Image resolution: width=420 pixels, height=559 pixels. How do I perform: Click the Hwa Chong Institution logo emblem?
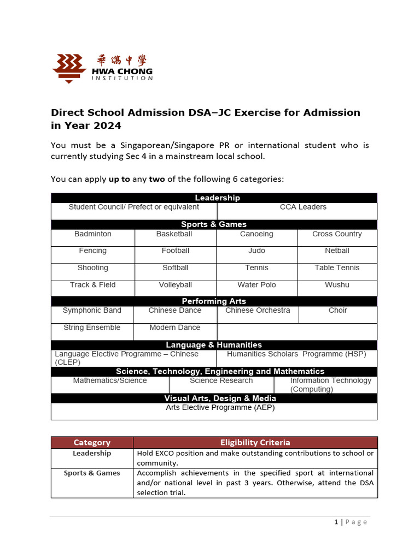[x=69, y=68]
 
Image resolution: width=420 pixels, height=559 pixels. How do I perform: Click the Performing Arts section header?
[x=214, y=301]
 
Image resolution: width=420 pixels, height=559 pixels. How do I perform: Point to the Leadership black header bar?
[x=214, y=198]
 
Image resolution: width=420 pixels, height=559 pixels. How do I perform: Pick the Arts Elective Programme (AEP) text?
[x=220, y=408]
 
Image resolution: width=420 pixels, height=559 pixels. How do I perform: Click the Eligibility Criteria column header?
[x=255, y=442]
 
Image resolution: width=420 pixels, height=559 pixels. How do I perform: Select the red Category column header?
[x=92, y=442]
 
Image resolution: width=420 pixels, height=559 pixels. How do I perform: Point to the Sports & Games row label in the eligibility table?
[x=92, y=473]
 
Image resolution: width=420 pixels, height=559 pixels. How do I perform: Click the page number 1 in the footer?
[x=336, y=522]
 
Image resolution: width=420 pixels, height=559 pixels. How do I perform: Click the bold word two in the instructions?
[x=157, y=179]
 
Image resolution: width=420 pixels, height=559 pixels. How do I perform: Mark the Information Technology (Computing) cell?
[x=326, y=385]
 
